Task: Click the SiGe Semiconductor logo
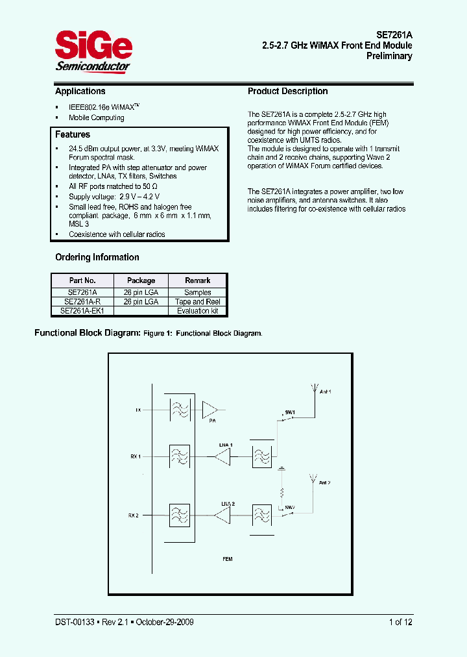[93, 53]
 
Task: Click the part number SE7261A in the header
[394, 34]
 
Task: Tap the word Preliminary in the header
[389, 56]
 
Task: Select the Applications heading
[80, 92]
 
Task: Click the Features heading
[73, 134]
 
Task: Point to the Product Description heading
[288, 92]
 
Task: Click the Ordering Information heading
[97, 257]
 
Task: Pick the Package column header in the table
[141, 280]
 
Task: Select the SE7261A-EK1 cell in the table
[82, 311]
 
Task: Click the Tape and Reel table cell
[198, 302]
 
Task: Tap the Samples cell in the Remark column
[198, 293]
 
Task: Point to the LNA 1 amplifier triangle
[224, 457]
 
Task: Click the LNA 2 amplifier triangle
[224, 515]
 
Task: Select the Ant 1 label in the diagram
[326, 392]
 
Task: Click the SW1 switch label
[290, 412]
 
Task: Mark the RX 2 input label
[134, 515]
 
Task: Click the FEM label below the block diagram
[227, 559]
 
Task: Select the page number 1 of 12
[400, 622]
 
